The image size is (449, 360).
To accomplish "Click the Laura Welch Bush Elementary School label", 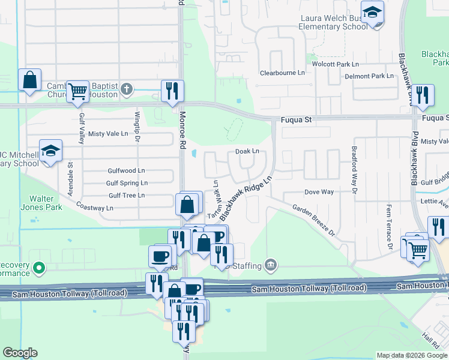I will (x=334, y=22).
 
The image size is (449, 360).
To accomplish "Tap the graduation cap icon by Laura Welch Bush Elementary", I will (x=372, y=13).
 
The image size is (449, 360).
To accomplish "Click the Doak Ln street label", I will (x=247, y=152).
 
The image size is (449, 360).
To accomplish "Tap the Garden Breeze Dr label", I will (x=313, y=220).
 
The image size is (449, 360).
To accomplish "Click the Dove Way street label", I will (x=319, y=192).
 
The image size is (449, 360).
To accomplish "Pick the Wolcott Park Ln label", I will (x=335, y=64).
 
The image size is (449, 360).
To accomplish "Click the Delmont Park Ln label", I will (x=369, y=76).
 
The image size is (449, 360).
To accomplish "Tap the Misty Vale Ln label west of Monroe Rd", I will (x=109, y=134).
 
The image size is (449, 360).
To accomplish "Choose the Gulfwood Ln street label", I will (x=126, y=171).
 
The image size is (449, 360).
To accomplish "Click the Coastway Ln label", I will (x=94, y=206).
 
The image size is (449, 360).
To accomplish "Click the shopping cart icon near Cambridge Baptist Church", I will (x=77, y=91).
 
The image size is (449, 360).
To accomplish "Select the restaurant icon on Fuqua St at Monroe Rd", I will (x=172, y=91).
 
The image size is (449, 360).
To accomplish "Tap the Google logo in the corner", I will (x=20, y=353).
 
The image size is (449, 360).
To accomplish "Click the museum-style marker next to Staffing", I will (x=271, y=265).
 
